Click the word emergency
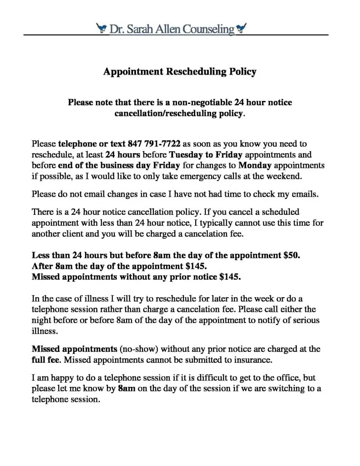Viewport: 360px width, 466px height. click(x=191, y=175)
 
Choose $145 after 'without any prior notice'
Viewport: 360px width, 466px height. click(x=232, y=276)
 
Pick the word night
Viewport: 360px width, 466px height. click(x=41, y=320)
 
